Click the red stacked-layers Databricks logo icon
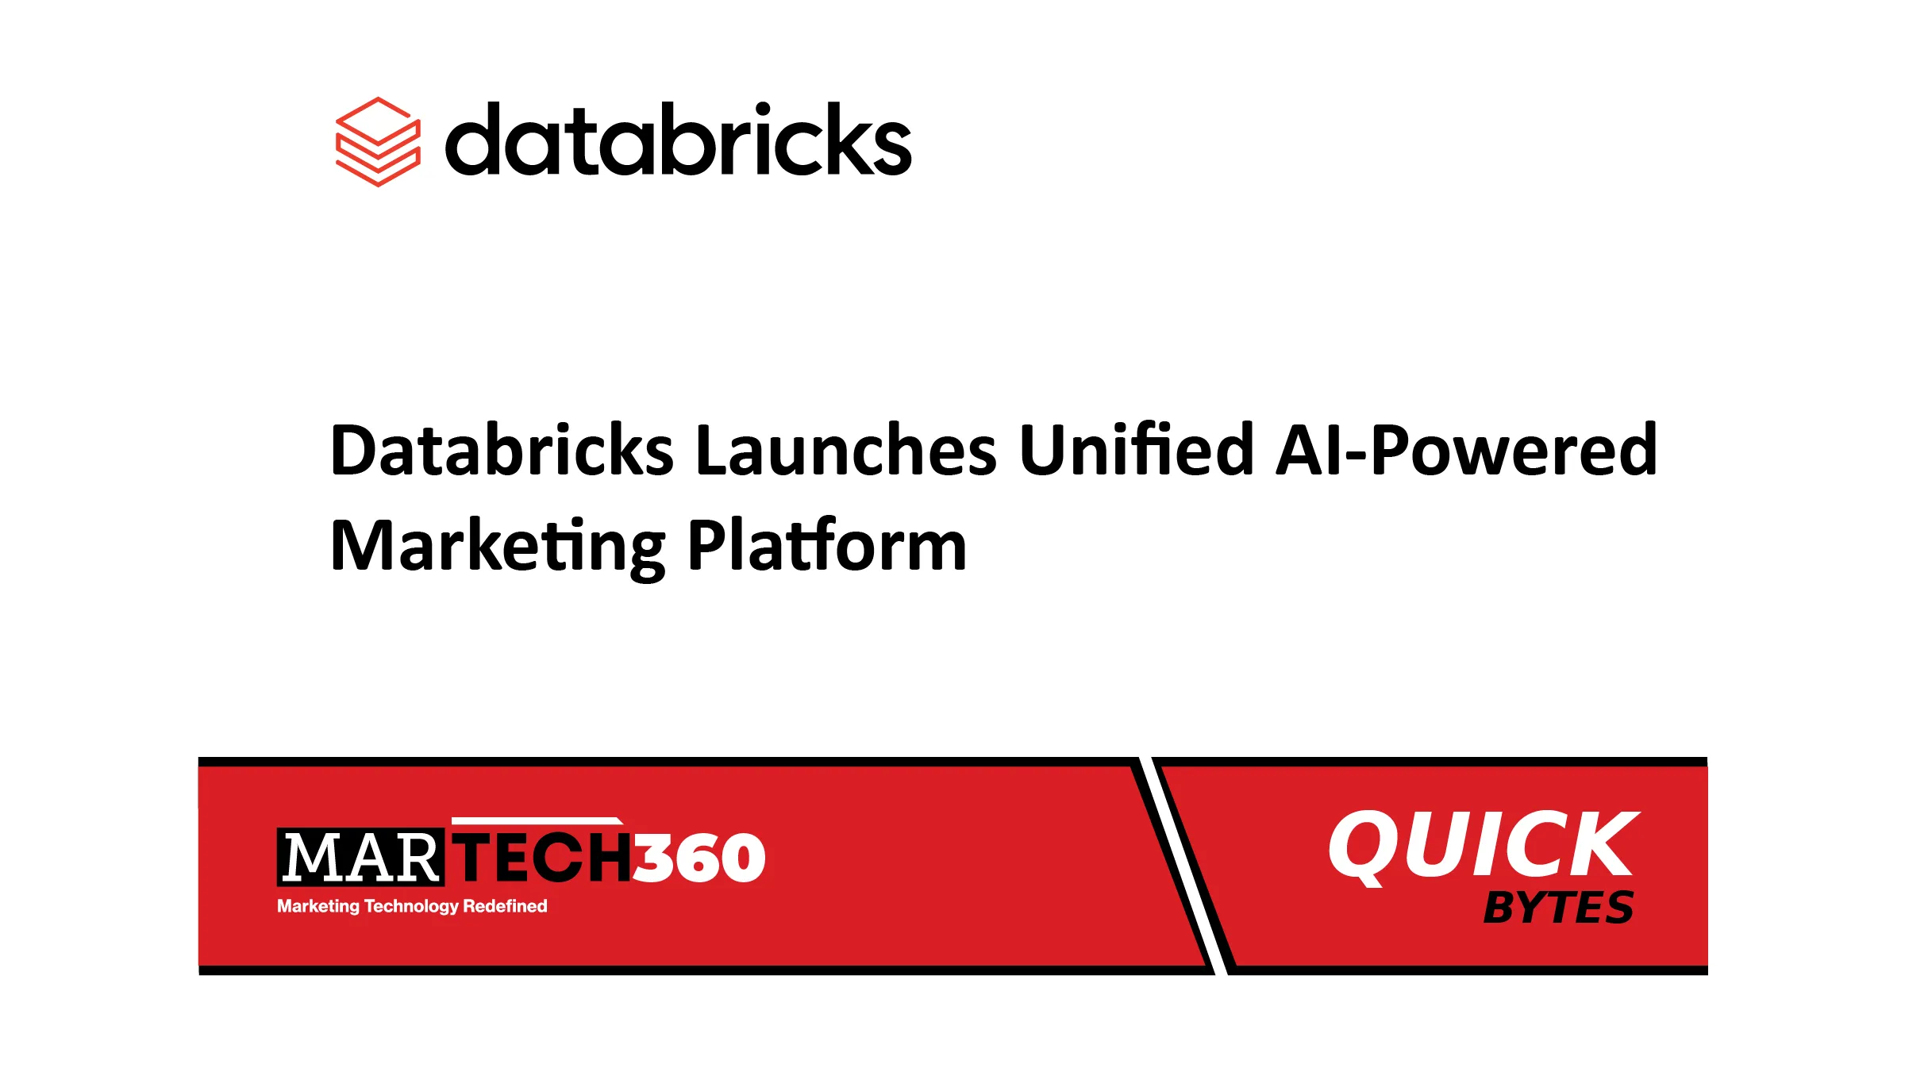point(378,142)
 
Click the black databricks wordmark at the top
point(678,140)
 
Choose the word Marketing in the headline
point(498,547)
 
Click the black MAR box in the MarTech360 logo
point(360,857)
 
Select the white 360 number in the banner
point(699,858)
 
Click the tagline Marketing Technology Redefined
point(412,906)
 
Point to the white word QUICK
point(1483,846)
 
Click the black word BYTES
point(1558,908)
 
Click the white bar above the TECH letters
point(537,820)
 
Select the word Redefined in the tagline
point(505,906)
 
